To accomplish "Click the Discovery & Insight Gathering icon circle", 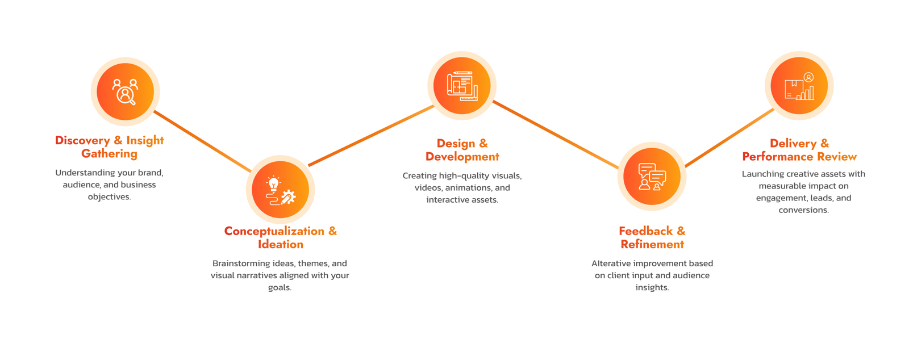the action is [x=125, y=91].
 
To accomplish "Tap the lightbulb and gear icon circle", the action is [x=281, y=189].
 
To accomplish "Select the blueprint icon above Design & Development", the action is [x=462, y=86].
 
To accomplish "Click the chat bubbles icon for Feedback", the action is [x=652, y=177].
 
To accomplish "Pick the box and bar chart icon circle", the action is [x=799, y=86].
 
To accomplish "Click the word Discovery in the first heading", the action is [x=82, y=140].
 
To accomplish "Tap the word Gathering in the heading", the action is [x=109, y=154].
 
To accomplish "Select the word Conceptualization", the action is [x=274, y=232].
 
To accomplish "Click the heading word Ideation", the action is [x=281, y=245].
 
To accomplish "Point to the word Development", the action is [x=462, y=157].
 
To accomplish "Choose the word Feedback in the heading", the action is [x=645, y=231].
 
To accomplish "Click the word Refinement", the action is [x=652, y=245].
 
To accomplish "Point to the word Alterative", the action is [x=611, y=263].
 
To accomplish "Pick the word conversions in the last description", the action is [x=803, y=210].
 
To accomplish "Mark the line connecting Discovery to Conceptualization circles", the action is [x=202, y=141].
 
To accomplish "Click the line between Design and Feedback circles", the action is [x=556, y=134].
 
